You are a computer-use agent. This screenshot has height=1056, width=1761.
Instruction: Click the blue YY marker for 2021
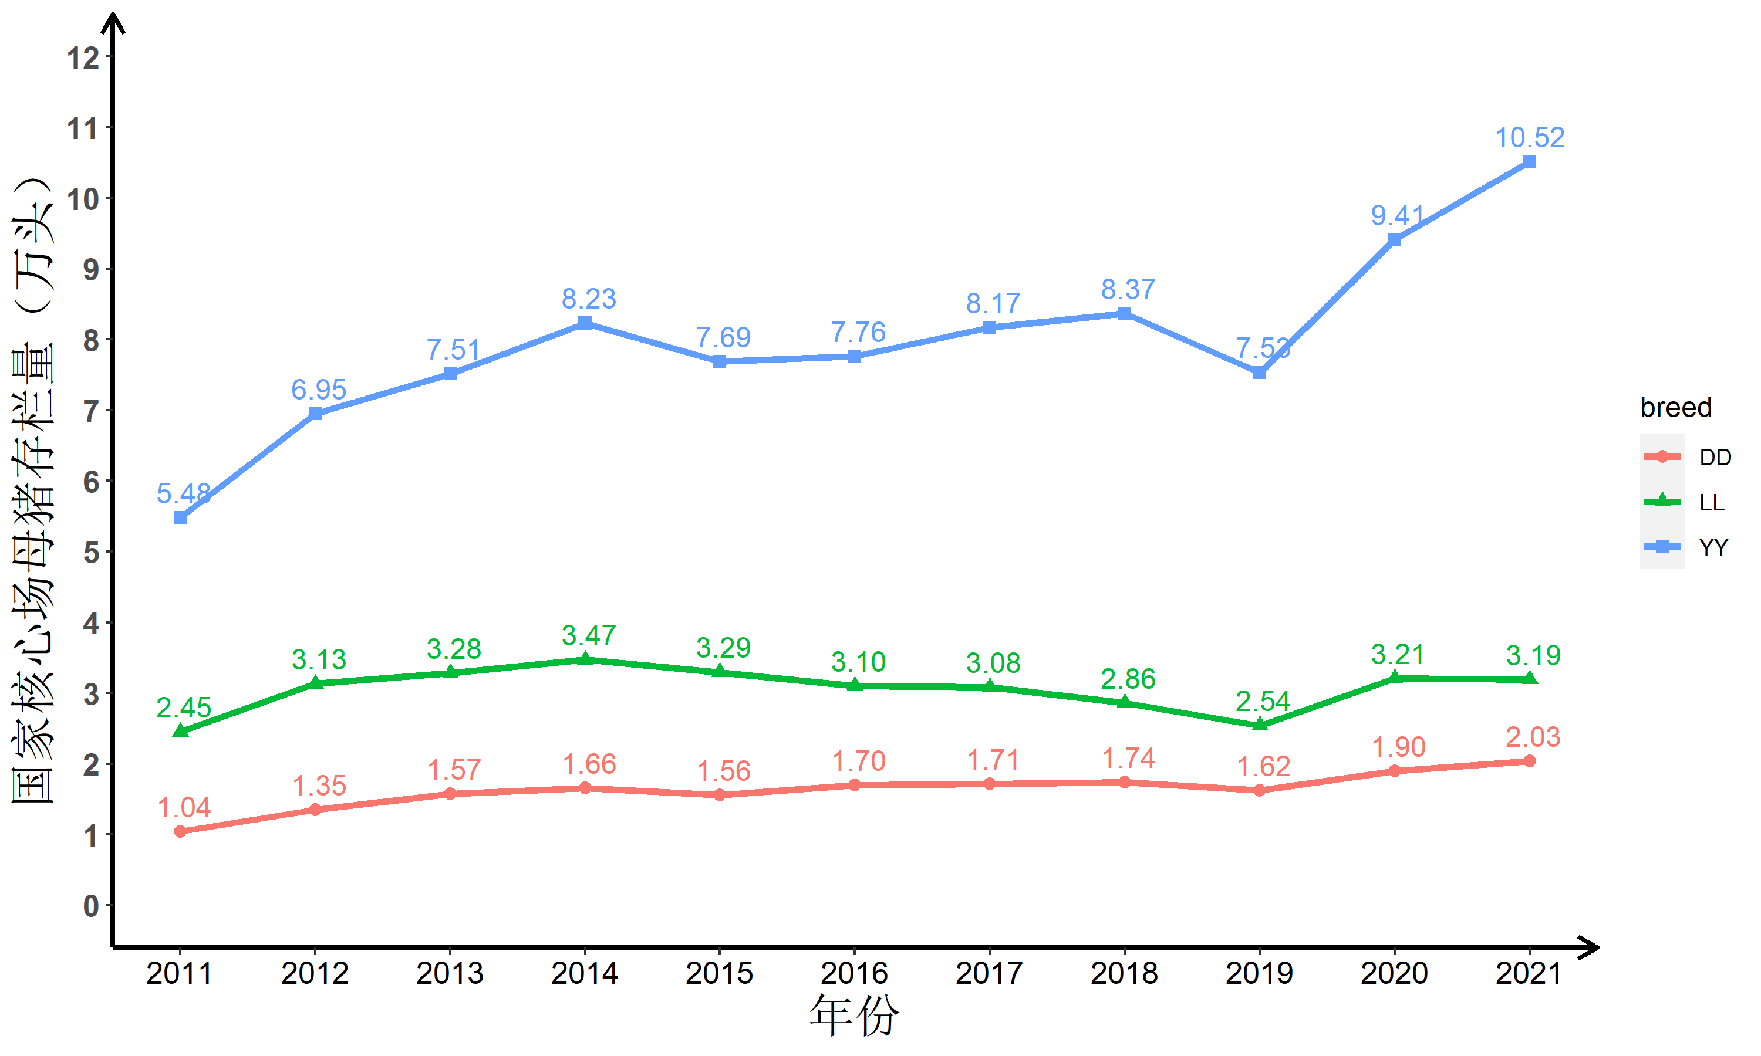pyautogui.click(x=1529, y=161)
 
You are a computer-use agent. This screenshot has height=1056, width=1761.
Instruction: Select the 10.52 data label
pyautogui.click(x=1529, y=137)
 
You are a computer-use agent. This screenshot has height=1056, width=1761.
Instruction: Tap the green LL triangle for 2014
pyautogui.click(x=585, y=659)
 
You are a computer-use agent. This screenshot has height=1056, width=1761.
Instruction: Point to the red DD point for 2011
pyautogui.click(x=180, y=831)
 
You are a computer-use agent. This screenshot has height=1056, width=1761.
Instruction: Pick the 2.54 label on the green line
pyautogui.click(x=1262, y=701)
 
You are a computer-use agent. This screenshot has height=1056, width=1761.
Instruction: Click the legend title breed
pyautogui.click(x=1675, y=407)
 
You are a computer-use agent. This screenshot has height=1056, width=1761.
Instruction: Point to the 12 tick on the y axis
pyautogui.click(x=83, y=57)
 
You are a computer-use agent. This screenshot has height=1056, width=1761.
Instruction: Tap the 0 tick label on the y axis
pyautogui.click(x=90, y=906)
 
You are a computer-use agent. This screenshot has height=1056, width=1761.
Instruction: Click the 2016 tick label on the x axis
pyautogui.click(x=854, y=973)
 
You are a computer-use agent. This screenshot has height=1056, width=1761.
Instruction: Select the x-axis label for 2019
pyautogui.click(x=1259, y=973)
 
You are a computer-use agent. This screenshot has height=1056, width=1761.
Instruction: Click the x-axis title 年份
pyautogui.click(x=854, y=1016)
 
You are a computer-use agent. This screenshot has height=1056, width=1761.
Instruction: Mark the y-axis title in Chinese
pyautogui.click(x=33, y=491)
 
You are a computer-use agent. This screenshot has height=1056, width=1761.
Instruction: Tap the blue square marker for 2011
pyautogui.click(x=180, y=517)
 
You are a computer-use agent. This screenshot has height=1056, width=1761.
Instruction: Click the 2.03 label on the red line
pyautogui.click(x=1533, y=737)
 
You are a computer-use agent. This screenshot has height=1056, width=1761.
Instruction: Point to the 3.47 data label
pyautogui.click(x=589, y=635)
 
